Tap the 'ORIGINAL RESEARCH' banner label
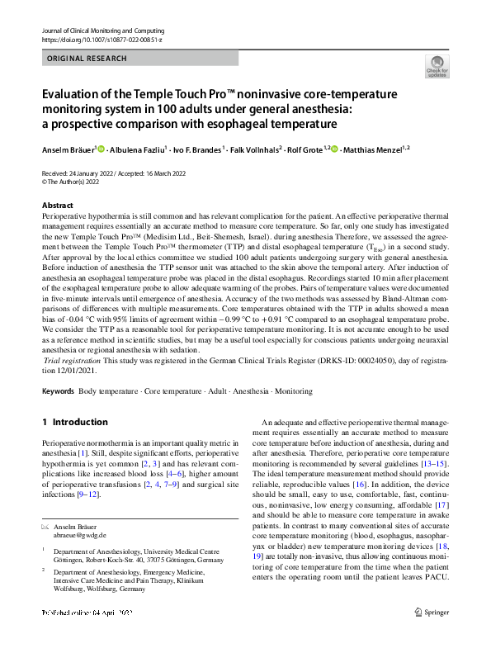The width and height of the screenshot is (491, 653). (x=87, y=59)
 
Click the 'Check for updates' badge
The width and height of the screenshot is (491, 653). (x=437, y=65)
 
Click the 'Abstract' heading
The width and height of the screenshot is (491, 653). (x=57, y=204)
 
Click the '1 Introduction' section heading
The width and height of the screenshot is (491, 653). (x=74, y=422)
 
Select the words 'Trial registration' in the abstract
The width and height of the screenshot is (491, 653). (x=70, y=361)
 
